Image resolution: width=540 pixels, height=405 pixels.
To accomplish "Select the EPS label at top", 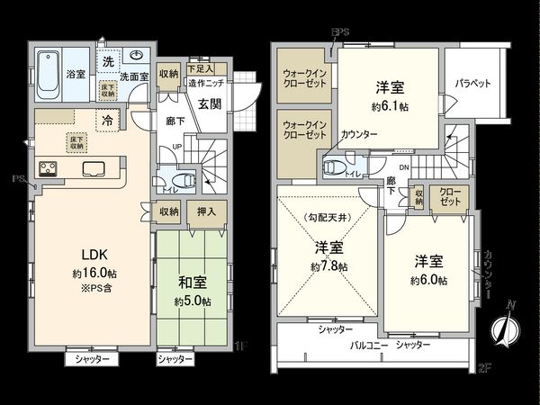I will coord(340,33).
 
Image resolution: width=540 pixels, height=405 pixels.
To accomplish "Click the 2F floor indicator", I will coord(484,366).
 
